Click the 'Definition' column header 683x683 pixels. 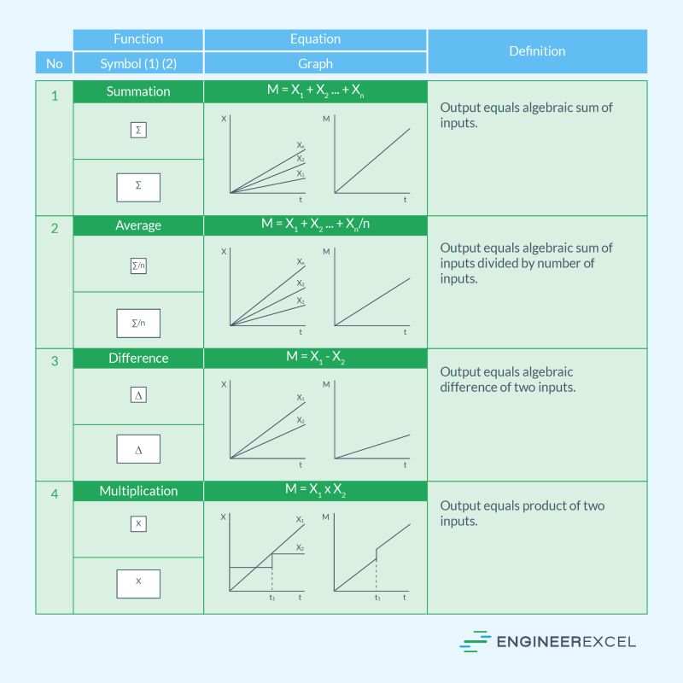tap(537, 51)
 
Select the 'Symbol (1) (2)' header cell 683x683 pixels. tap(138, 63)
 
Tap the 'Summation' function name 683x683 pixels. tap(138, 91)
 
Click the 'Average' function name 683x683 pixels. tap(138, 225)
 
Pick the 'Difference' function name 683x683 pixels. tap(138, 359)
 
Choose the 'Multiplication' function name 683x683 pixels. tap(138, 491)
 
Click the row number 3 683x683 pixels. tap(55, 361)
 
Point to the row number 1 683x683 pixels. tap(55, 96)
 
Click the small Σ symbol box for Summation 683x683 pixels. tap(138, 131)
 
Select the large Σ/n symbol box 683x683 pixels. tap(138, 323)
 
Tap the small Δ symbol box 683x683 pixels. tap(138, 394)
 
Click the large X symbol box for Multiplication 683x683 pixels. tap(138, 583)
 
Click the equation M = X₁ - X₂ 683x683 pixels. tap(315, 359)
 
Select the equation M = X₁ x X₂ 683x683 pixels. tap(315, 491)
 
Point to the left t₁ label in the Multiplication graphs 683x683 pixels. tap(272, 598)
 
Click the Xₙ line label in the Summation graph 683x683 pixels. tap(301, 146)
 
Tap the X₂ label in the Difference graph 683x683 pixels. tap(301, 420)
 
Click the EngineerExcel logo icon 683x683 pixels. tap(475, 642)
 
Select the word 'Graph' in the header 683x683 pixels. tap(315, 63)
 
